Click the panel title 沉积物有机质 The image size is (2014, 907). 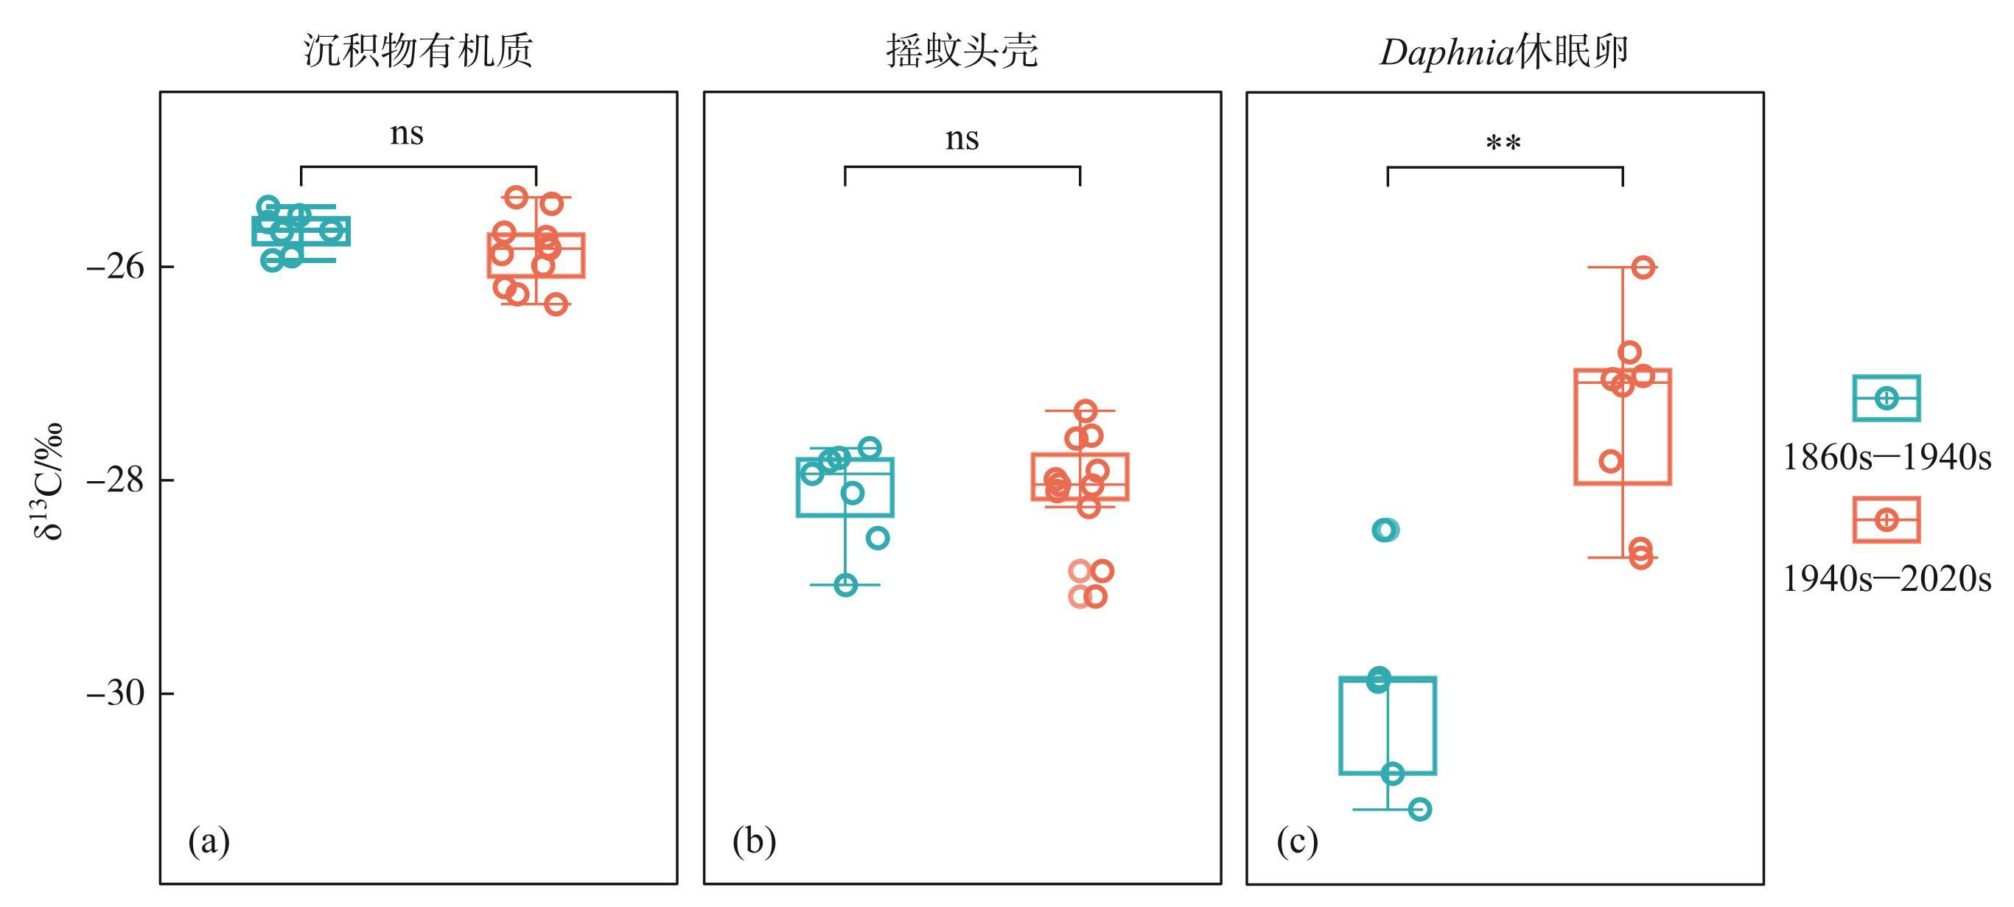point(419,52)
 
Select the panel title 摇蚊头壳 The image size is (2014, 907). point(962,52)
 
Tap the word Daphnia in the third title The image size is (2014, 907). point(1447,53)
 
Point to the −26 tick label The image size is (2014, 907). point(116,267)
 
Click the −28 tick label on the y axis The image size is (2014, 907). point(116,480)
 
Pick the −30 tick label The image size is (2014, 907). point(116,693)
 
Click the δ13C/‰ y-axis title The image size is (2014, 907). point(49,481)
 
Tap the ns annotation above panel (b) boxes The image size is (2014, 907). point(962,139)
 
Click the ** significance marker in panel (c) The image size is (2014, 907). point(1503,144)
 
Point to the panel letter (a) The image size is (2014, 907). point(209,841)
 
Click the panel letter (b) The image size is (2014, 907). point(754,841)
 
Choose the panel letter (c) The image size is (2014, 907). point(1297,841)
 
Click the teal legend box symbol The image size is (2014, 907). point(1886,398)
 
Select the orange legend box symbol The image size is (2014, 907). point(1886,520)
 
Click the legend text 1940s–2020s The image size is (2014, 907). point(1887,579)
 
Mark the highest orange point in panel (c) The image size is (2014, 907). point(1643,267)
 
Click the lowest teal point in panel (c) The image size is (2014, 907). point(1420,809)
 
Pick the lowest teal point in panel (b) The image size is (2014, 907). point(845,585)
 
